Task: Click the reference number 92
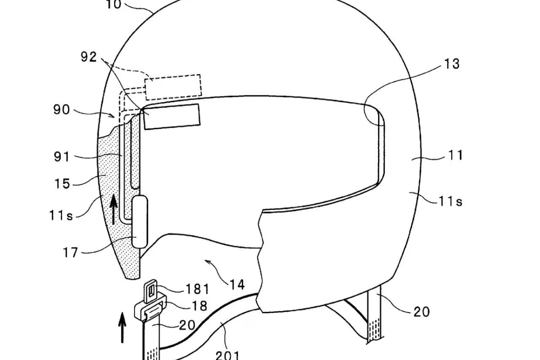click(x=89, y=57)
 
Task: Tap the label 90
click(x=62, y=110)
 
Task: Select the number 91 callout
click(x=62, y=157)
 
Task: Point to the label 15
click(x=63, y=184)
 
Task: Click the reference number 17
click(x=70, y=252)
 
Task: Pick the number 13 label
click(x=451, y=64)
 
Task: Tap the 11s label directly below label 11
click(x=450, y=201)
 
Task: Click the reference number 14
click(x=237, y=284)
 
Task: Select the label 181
click(x=198, y=289)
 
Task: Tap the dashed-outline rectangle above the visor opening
click(x=173, y=87)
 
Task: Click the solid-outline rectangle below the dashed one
click(x=171, y=117)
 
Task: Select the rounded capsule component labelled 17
click(x=139, y=221)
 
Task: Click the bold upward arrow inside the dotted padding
click(x=113, y=210)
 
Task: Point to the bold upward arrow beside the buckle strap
click(x=122, y=328)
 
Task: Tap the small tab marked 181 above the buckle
click(x=150, y=291)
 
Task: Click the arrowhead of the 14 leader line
click(x=207, y=261)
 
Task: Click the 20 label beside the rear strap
click(x=422, y=311)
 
